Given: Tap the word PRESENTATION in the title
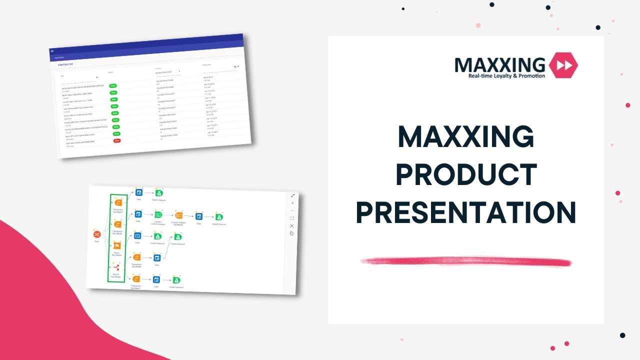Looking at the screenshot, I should click(466, 211).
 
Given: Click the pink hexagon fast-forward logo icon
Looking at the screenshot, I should click(563, 65).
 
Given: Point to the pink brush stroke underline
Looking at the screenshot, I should click(466, 261).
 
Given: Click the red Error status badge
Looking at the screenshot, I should click(117, 140).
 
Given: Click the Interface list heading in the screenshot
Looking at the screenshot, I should click(65, 64).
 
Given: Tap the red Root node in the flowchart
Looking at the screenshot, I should click(97, 234).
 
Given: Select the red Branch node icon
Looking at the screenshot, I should click(117, 268).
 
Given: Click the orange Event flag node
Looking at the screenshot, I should click(117, 245).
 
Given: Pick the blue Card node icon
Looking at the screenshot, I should click(137, 235).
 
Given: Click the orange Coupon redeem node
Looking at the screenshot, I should click(179, 215).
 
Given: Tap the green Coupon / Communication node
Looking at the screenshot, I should click(158, 215).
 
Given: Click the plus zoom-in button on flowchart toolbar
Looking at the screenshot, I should click(292, 203).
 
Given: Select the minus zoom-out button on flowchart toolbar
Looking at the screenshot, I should click(292, 210).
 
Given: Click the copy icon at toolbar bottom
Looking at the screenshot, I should click(292, 233).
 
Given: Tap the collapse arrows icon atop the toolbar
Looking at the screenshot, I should click(293, 195).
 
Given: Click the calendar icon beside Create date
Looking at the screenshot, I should click(235, 66).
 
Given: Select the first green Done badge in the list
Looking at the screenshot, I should click(113, 86).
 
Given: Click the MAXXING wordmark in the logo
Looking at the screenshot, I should click(499, 64).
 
